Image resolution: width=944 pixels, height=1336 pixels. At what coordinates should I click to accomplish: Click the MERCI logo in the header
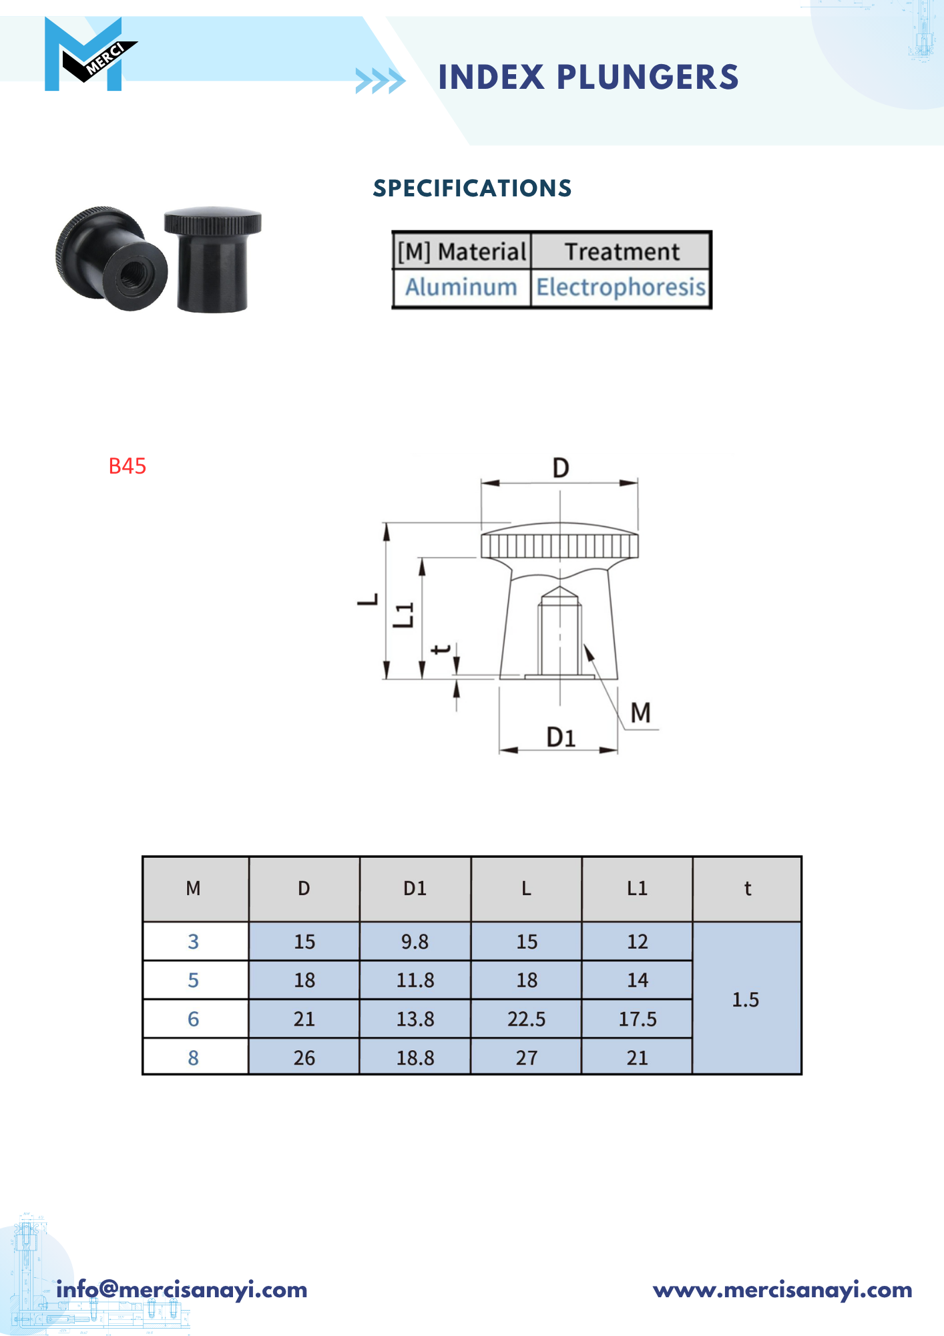[x=89, y=54]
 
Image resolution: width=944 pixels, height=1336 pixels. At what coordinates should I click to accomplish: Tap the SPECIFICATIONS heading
[x=472, y=188]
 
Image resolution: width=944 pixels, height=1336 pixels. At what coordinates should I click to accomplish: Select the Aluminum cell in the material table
[x=461, y=287]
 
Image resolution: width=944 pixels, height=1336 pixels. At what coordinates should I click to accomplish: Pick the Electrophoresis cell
[x=621, y=287]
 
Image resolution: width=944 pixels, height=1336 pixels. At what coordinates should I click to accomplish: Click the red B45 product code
[x=127, y=466]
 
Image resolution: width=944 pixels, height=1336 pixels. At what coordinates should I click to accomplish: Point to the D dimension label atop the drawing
[x=561, y=468]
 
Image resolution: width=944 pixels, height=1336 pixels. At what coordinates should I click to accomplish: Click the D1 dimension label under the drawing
[x=561, y=737]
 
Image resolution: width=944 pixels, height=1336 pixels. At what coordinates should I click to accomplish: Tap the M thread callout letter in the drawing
[x=640, y=713]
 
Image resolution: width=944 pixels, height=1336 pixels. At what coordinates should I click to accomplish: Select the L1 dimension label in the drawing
[x=404, y=615]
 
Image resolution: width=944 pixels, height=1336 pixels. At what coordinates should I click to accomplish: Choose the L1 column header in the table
[x=637, y=888]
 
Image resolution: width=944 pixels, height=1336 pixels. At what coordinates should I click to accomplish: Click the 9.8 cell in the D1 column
[x=415, y=942]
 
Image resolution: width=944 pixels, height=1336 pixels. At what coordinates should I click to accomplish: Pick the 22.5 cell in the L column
[x=526, y=1019]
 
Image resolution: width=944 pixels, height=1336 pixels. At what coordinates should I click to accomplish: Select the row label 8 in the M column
[x=194, y=1058]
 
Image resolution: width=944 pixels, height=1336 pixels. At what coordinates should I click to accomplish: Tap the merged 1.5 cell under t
[x=746, y=999]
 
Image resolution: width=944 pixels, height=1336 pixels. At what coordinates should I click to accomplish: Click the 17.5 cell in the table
[x=637, y=1019]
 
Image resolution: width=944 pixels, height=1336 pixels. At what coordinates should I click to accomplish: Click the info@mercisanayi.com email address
[x=182, y=1290]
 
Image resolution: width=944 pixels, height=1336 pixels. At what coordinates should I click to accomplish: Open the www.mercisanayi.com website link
[x=782, y=1290]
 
